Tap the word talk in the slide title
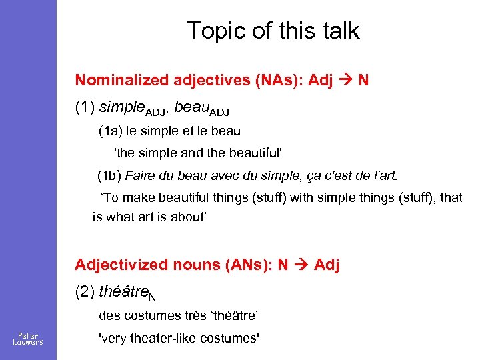tap(339, 31)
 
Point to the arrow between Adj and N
tap(347, 81)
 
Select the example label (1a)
tap(109, 131)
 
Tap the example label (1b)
tap(109, 176)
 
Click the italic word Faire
tap(139, 176)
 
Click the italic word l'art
tap(383, 176)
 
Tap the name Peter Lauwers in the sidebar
tap(28, 339)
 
